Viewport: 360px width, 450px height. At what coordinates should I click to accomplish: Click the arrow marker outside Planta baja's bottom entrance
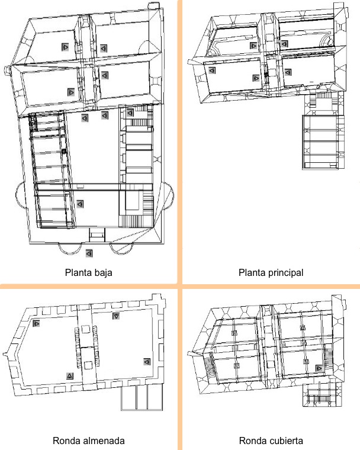pos(89,253)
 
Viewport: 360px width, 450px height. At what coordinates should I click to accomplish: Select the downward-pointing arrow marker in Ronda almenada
pos(116,316)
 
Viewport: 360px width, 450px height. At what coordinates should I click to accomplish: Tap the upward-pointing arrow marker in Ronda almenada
pos(70,375)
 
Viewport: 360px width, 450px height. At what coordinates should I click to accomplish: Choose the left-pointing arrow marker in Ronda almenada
pos(147,362)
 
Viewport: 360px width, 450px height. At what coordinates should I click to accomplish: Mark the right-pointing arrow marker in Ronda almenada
pos(36,323)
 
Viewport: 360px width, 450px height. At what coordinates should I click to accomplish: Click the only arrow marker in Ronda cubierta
pos(319,368)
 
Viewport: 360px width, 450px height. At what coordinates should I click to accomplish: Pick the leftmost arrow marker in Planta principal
pos(212,70)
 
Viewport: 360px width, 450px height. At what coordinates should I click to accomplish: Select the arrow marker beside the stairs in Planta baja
pos(130,112)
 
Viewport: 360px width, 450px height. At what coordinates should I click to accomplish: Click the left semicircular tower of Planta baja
pos(20,195)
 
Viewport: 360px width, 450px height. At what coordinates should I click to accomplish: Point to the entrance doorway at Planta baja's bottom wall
pos(97,235)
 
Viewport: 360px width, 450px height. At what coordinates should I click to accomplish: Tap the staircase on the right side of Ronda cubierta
pos(328,355)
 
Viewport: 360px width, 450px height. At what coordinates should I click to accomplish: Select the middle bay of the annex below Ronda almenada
pos(142,397)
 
